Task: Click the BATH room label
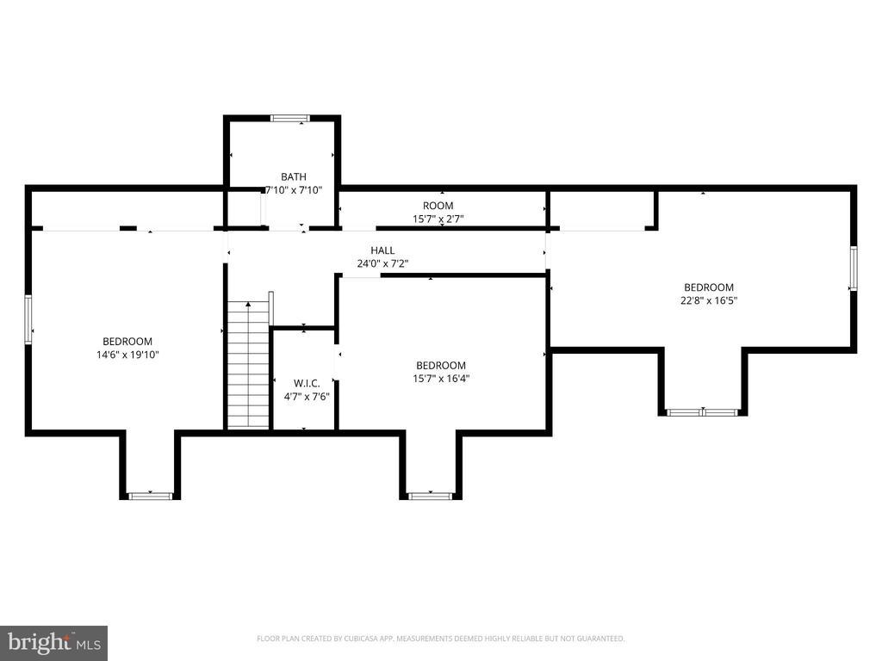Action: point(294,176)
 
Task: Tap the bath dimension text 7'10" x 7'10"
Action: point(294,189)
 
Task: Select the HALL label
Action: point(382,250)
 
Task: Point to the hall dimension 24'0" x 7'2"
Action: point(382,263)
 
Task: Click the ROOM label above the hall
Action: point(438,206)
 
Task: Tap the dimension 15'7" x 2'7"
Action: point(438,219)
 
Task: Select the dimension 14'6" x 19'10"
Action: point(127,354)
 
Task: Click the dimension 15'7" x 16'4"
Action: point(441,378)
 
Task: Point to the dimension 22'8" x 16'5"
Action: point(708,300)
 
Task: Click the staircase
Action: point(249,364)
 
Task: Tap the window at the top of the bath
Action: point(289,119)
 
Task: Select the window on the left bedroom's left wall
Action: point(28,319)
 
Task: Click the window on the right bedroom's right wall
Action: point(854,269)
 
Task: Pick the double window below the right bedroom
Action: point(703,412)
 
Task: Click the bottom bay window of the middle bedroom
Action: point(430,496)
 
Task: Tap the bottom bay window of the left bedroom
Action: point(151,496)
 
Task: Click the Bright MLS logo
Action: point(53,643)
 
